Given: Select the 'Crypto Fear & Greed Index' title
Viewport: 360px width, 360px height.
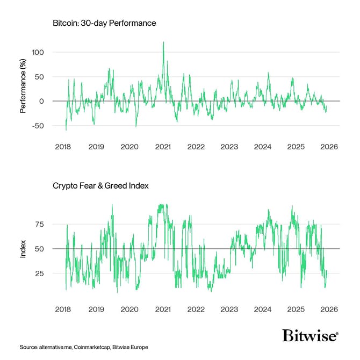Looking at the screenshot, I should pos(100,185).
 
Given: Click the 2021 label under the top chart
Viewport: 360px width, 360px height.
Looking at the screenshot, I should pos(162,147).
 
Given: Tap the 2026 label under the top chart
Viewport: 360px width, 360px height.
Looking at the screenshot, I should pos(328,147).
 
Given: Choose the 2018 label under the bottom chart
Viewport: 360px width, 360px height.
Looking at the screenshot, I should pos(63,309).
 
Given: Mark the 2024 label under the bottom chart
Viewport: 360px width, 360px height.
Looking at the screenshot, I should pos(262,309).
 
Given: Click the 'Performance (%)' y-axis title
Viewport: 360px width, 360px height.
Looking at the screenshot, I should pos(23,89).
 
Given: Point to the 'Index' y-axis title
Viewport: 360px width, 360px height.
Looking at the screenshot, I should pos(23,249).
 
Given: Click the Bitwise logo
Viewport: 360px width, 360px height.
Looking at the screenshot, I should pos(310,336).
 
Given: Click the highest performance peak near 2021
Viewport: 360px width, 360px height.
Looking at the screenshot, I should pos(163,42).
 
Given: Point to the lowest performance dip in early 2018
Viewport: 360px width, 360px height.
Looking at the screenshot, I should pos(66,129).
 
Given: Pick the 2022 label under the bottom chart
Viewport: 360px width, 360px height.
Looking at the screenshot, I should pos(196,309).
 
